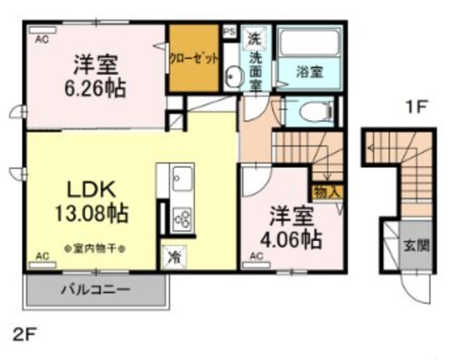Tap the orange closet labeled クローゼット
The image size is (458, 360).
[x=193, y=59]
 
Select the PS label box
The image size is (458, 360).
[x=230, y=31]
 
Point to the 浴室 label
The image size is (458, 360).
[x=309, y=71]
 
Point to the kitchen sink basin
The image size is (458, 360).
[x=182, y=177]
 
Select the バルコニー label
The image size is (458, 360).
[x=94, y=291]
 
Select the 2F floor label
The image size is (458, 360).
[x=23, y=334]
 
